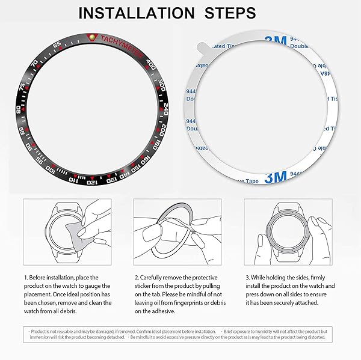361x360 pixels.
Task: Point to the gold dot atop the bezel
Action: [91, 37]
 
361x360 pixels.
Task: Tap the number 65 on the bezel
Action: [57, 46]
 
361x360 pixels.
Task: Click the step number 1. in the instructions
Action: [25, 278]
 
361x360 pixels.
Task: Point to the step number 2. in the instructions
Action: [136, 278]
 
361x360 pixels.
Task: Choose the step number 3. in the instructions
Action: [247, 278]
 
